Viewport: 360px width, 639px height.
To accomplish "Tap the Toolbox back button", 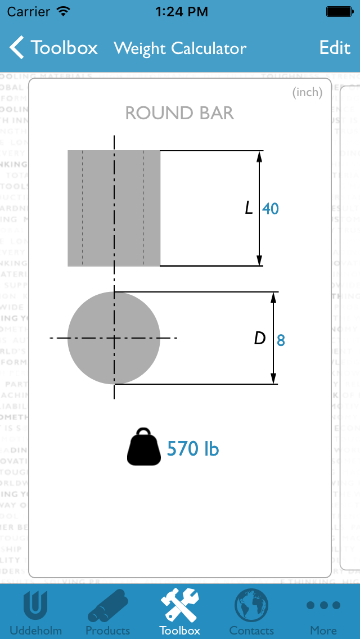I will (54, 48).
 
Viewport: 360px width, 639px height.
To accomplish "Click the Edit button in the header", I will (335, 48).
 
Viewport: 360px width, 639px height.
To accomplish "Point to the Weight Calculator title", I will (180, 48).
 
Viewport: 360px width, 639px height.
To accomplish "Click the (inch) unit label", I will (307, 93).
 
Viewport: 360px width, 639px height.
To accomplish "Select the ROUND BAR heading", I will (179, 113).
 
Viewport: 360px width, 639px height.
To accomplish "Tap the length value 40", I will (271, 209).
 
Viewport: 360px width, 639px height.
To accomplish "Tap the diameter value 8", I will (281, 340).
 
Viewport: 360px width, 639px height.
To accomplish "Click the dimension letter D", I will (259, 338).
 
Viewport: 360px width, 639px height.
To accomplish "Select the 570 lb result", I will (193, 449).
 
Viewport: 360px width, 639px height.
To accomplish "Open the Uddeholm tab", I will (35, 611).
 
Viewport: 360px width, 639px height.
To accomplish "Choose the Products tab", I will (107, 611).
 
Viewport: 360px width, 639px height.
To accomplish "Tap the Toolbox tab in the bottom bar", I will (179, 611).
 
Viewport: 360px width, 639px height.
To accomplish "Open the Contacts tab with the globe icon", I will (251, 611).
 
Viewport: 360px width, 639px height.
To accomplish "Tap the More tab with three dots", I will (323, 611).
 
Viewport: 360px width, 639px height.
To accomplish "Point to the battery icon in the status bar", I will (339, 11).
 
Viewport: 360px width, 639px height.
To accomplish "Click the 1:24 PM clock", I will (181, 11).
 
